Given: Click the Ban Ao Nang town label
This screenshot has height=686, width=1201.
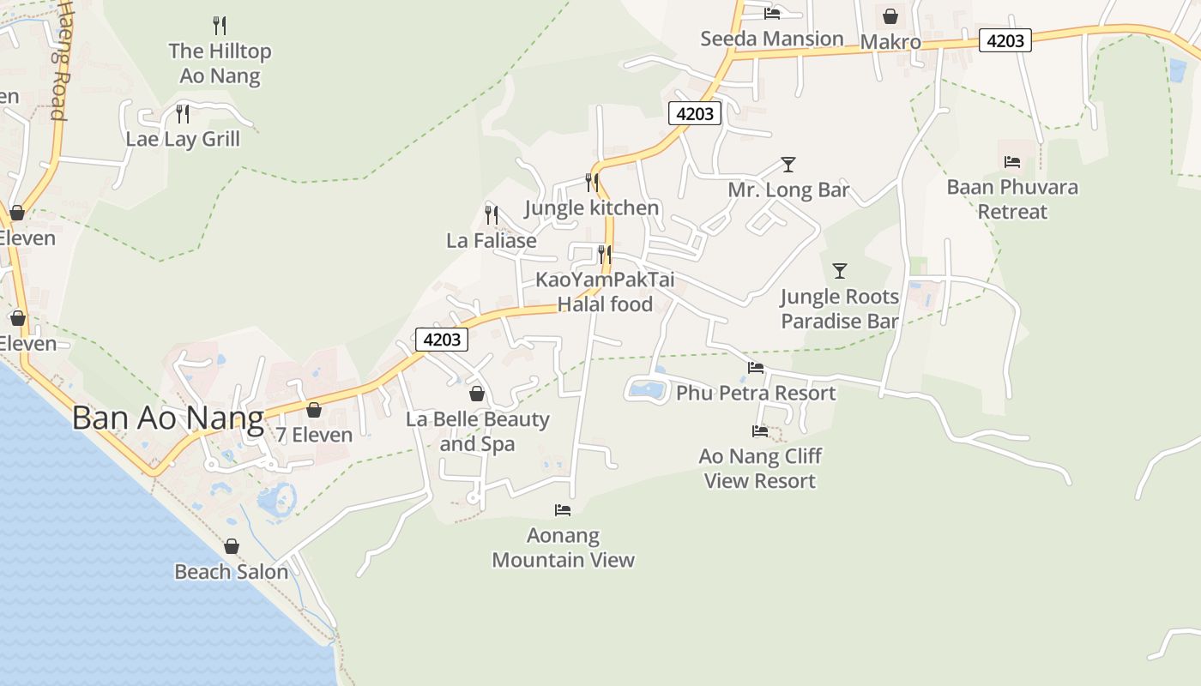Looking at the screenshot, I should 167,418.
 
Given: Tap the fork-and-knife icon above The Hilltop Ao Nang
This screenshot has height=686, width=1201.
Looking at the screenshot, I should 220,26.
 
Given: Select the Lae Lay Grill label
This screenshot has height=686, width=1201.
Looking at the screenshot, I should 183,139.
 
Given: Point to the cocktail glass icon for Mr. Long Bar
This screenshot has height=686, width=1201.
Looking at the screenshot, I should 788,165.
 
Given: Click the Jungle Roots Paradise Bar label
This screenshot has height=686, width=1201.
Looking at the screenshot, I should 839,309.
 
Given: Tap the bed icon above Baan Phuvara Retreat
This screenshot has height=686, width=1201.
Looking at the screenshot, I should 1012,162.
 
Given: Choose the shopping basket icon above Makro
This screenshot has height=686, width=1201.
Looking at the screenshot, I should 890,16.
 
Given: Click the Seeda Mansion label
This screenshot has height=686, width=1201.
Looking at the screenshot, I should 772,39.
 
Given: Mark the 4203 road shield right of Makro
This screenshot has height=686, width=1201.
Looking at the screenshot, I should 1005,40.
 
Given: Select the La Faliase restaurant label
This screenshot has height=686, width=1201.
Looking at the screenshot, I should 492,241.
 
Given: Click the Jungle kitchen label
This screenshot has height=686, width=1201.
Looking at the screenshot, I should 591,208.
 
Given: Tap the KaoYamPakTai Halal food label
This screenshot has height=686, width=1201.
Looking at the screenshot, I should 605,292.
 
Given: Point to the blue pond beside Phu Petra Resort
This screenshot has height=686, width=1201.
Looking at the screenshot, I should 647,390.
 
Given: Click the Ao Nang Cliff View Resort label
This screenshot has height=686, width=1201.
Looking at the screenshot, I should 760,468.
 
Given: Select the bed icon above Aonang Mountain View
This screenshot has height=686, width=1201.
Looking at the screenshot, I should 563,510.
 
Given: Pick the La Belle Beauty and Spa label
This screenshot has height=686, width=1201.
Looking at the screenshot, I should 477,431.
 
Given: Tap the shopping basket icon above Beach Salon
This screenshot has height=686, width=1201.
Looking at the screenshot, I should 232,546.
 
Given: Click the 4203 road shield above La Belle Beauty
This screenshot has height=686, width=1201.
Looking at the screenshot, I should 443,340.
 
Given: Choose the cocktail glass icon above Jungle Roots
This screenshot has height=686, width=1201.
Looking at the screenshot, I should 840,271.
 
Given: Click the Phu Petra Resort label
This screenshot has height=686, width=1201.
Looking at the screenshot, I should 756,393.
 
